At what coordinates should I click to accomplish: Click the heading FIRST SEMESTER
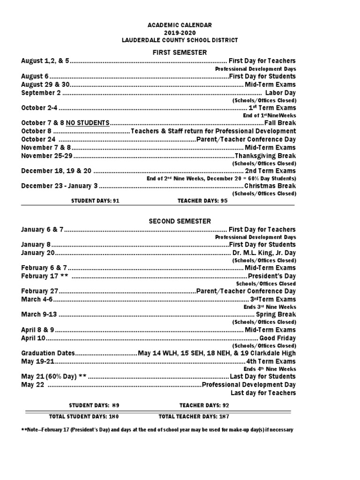coord(180,52)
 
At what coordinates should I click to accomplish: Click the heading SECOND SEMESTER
coord(180,221)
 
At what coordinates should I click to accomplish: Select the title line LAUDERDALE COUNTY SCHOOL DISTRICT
coord(180,40)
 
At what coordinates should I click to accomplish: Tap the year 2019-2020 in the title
coord(180,32)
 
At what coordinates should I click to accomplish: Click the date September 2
coord(41,93)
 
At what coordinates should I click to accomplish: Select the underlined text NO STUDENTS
coord(88,123)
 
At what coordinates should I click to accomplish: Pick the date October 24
coord(38,139)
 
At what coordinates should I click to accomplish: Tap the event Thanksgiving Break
coord(265,156)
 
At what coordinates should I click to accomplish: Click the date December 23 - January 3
coord(60,186)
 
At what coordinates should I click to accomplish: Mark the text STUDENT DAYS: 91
coord(92,201)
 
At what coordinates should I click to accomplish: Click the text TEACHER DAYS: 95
coord(202,201)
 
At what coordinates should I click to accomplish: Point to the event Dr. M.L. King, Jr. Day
coord(264,253)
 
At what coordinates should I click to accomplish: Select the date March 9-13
coord(39,314)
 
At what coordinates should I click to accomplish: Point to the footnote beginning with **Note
coord(157,430)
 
